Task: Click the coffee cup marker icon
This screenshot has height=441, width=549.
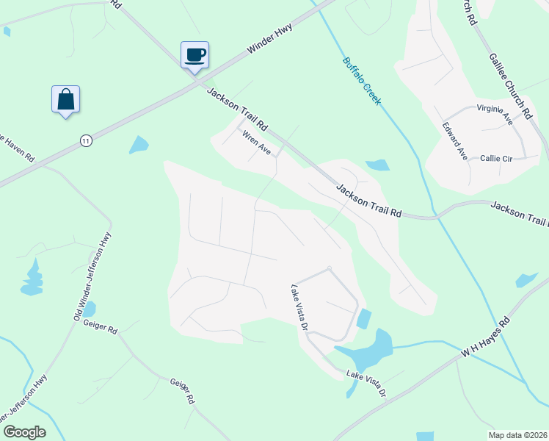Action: (x=194, y=55)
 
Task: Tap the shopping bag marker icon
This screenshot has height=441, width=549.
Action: (x=65, y=99)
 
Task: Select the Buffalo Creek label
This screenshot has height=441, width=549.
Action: (x=362, y=81)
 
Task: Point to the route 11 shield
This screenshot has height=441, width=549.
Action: (x=87, y=140)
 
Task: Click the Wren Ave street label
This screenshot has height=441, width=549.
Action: (x=257, y=143)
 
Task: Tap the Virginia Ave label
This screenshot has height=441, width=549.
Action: (x=494, y=114)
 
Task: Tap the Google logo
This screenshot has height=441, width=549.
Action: (x=23, y=432)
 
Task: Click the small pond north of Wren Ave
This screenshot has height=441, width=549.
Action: (x=139, y=145)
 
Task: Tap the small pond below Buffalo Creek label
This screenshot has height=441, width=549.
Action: (x=377, y=165)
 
